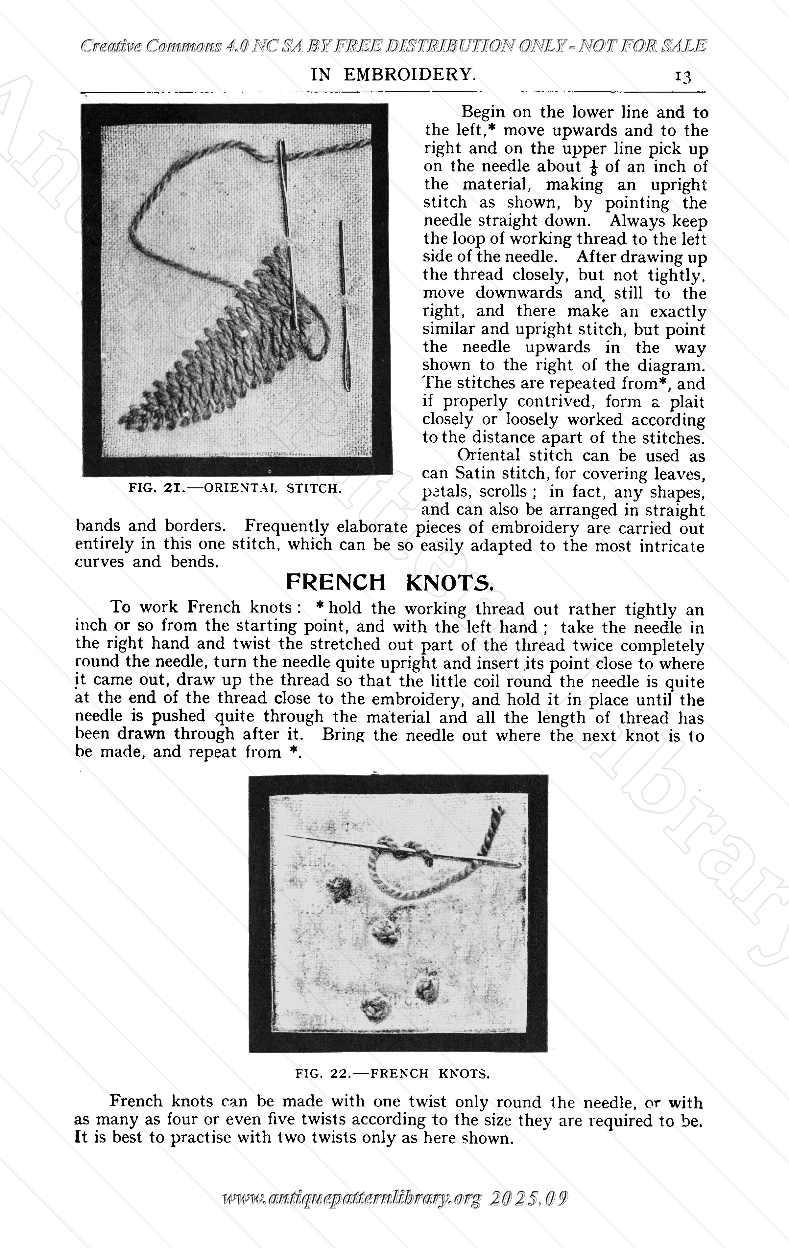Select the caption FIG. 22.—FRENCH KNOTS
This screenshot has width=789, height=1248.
tap(392, 1073)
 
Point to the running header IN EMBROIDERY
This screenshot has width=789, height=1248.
tap(393, 75)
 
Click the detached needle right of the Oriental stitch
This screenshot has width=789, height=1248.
tap(344, 306)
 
